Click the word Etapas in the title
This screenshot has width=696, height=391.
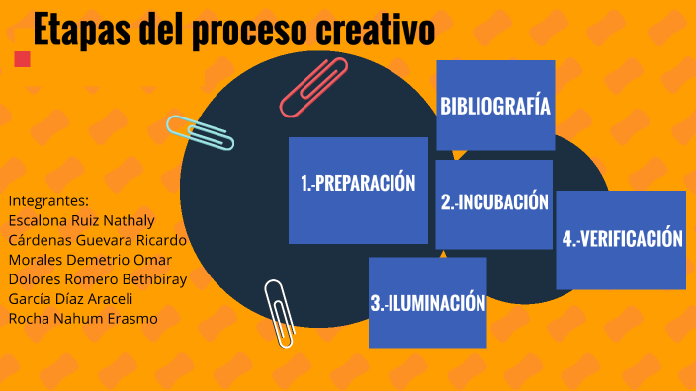81,32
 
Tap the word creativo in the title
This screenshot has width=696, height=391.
375,32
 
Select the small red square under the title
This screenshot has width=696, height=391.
23,59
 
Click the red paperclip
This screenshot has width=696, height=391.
314,87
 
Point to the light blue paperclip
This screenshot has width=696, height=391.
200,132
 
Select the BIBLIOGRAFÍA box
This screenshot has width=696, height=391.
495,106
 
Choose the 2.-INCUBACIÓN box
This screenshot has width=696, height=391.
493,203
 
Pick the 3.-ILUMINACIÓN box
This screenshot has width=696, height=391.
427,302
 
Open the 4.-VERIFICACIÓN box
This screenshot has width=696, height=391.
621,240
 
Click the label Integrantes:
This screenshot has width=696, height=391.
48,199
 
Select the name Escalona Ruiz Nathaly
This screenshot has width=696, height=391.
81,219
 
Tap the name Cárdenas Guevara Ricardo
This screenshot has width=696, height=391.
97,239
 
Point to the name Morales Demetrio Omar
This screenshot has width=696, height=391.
90,259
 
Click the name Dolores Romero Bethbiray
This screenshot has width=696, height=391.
97,278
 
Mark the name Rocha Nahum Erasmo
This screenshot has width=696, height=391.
82,318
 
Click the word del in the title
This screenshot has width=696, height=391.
163,32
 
